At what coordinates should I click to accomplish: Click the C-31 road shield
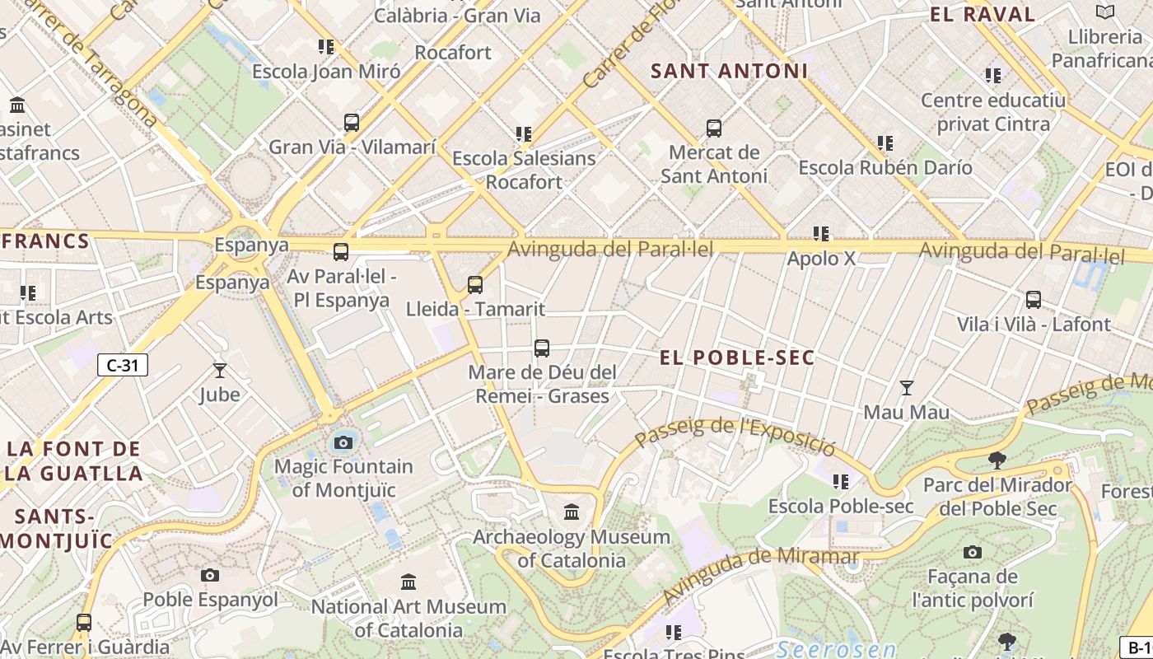click(x=123, y=365)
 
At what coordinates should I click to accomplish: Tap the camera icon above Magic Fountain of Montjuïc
click(x=343, y=442)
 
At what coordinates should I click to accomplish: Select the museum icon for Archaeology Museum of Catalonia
click(x=572, y=512)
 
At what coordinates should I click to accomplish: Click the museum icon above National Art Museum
click(x=408, y=582)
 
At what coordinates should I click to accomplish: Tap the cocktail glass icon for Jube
click(x=220, y=370)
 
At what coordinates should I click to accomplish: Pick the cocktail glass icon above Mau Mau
click(x=907, y=387)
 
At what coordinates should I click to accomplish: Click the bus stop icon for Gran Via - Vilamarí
click(x=352, y=123)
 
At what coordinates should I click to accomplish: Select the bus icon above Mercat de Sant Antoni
click(x=714, y=128)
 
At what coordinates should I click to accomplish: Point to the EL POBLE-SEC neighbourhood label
click(x=737, y=358)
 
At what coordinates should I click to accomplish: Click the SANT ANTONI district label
click(x=729, y=72)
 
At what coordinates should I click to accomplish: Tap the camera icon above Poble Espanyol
click(x=210, y=575)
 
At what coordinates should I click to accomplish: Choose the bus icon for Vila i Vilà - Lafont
click(x=1034, y=300)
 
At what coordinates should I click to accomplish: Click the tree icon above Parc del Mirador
click(x=997, y=460)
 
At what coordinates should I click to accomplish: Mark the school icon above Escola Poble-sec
click(x=840, y=481)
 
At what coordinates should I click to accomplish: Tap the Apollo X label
click(x=821, y=259)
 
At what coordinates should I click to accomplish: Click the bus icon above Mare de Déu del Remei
click(x=541, y=348)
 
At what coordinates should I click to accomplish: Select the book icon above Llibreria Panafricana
click(x=1104, y=12)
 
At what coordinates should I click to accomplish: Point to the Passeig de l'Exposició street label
click(x=736, y=437)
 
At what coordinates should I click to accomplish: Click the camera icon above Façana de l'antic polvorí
click(x=973, y=552)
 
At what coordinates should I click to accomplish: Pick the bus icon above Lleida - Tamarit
click(x=475, y=285)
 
